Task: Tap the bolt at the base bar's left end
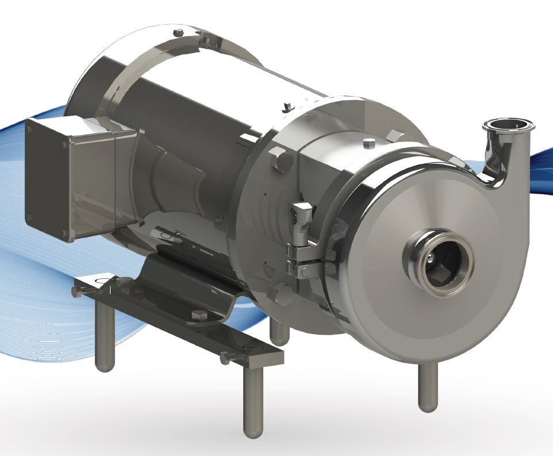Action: coord(76,292)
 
